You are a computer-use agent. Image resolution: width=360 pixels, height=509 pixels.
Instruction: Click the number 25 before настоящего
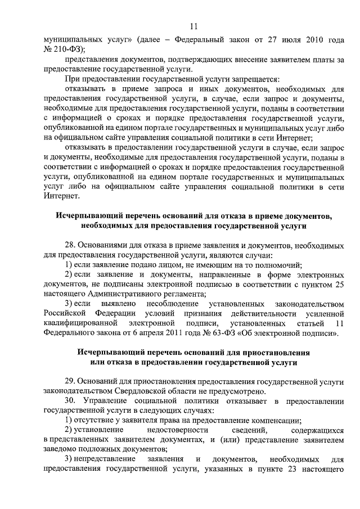pyautogui.click(x=338, y=285)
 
